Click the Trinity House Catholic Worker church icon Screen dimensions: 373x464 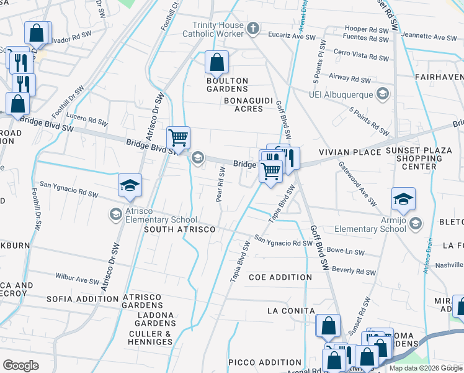252,28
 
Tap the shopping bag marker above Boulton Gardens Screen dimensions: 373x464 216,62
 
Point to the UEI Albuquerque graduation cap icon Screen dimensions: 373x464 383,94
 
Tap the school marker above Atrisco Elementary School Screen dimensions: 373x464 130,185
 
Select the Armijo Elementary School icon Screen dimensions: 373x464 414,223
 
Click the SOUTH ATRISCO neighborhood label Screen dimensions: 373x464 179,229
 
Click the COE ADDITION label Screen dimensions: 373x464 280,277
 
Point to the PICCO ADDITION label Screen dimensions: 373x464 264,362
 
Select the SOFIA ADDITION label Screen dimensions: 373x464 83,299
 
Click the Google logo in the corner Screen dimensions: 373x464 20,366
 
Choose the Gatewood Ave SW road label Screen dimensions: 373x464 357,183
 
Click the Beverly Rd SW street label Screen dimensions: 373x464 354,271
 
